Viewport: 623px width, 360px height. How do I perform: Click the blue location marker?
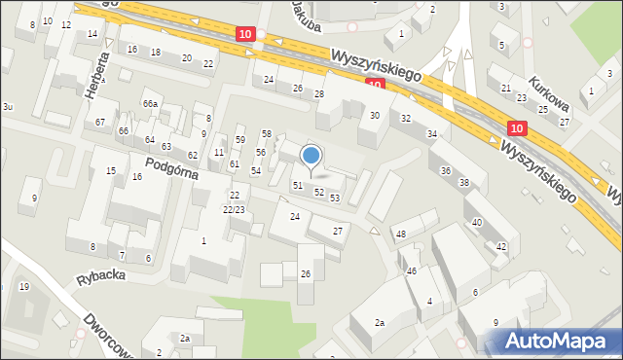(x=311, y=155)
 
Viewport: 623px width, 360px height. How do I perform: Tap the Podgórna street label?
(x=173, y=168)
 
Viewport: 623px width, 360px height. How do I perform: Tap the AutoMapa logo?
(x=558, y=341)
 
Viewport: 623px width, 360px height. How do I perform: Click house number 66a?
(x=150, y=103)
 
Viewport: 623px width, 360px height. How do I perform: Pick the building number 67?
(x=100, y=122)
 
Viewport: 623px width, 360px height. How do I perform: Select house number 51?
(x=298, y=185)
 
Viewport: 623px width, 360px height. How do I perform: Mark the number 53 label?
(x=335, y=198)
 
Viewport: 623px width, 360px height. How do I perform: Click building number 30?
(x=374, y=116)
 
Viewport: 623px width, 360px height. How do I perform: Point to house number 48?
(x=400, y=234)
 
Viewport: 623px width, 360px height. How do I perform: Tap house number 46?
(x=412, y=270)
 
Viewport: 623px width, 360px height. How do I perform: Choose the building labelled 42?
(x=501, y=247)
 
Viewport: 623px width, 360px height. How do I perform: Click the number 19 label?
(x=24, y=286)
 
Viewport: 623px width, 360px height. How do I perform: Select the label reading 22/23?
(x=233, y=209)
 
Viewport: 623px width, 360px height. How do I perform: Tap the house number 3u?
(x=7, y=105)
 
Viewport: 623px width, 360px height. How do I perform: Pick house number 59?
(x=239, y=140)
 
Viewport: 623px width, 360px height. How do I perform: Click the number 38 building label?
(x=464, y=183)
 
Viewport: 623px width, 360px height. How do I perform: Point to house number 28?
(x=318, y=93)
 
